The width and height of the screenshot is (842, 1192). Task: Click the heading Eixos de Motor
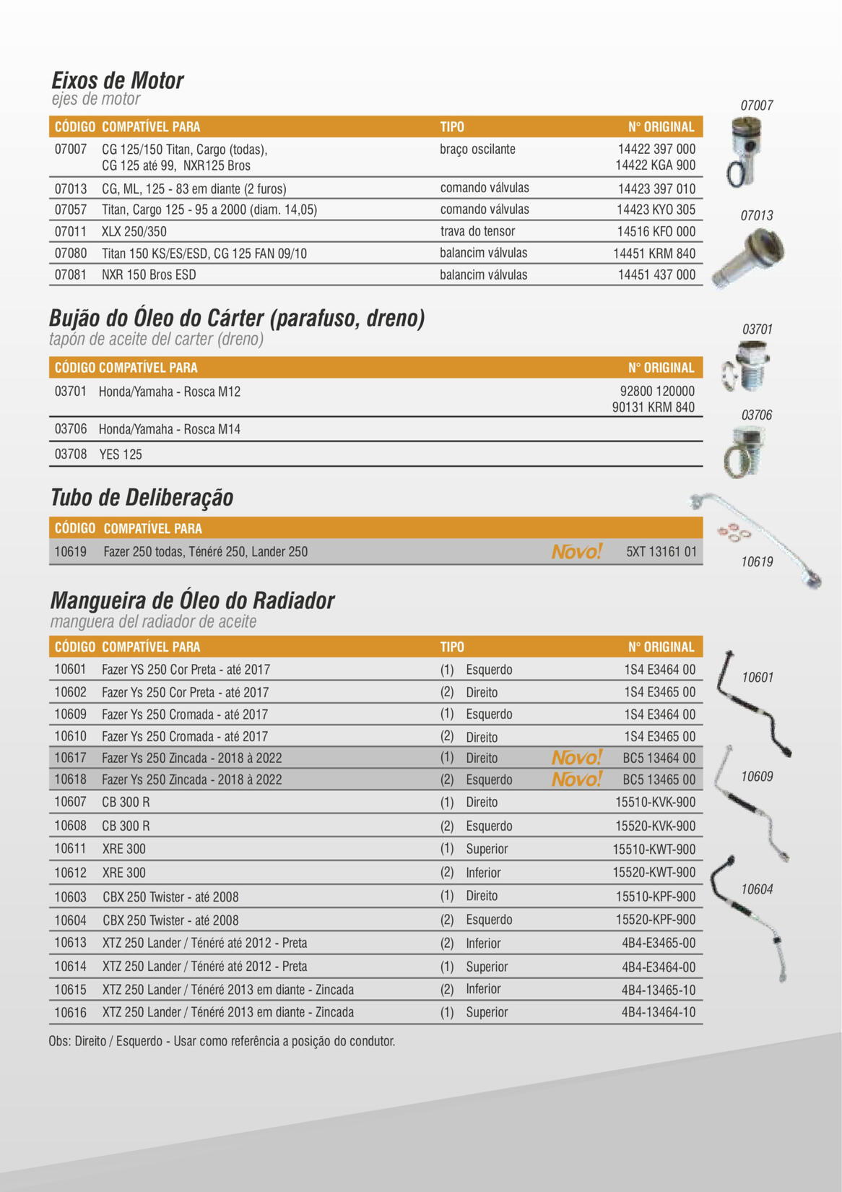(118, 80)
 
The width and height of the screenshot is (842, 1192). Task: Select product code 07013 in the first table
(71, 189)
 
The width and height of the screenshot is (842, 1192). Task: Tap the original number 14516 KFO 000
(656, 232)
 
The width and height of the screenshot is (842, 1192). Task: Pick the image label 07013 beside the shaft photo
(756, 215)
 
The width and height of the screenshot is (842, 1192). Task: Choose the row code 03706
(71, 429)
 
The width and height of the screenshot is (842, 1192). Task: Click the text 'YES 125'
(121, 454)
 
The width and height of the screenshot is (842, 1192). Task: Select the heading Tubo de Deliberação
(142, 498)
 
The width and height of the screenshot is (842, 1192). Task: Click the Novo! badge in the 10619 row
(576, 552)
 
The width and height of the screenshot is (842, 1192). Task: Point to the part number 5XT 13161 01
(661, 552)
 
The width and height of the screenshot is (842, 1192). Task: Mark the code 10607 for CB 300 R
(70, 802)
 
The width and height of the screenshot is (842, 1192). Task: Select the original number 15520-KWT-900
(654, 873)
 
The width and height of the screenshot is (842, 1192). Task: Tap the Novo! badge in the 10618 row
(576, 779)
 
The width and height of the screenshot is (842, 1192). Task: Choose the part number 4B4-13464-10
(659, 1012)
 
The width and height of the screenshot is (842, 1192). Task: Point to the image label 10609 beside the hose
(757, 777)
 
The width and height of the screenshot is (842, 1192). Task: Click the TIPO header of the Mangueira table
(452, 647)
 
